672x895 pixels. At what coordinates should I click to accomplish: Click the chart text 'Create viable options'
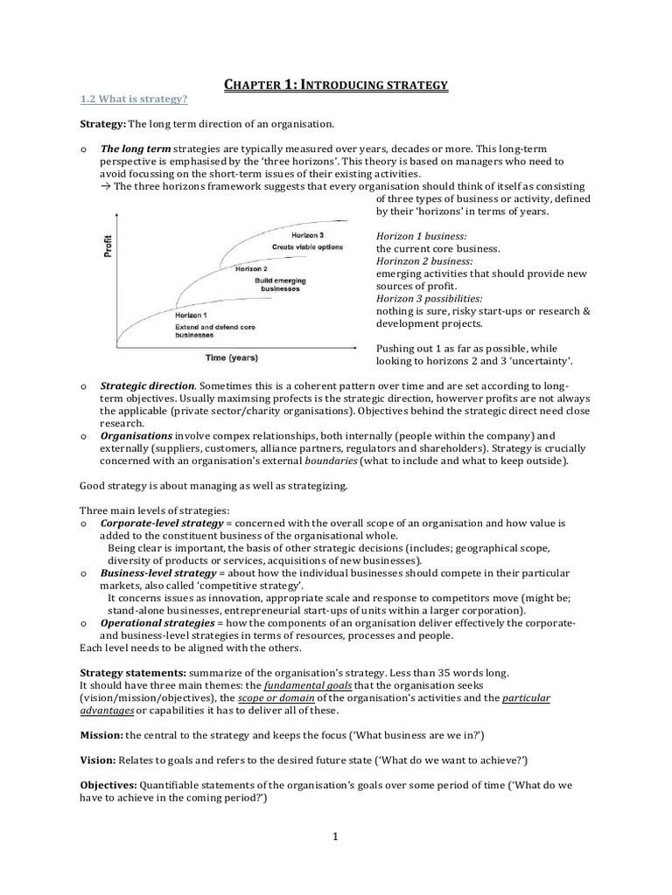[x=306, y=247]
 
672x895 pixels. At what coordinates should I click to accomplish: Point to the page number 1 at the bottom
[x=335, y=836]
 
